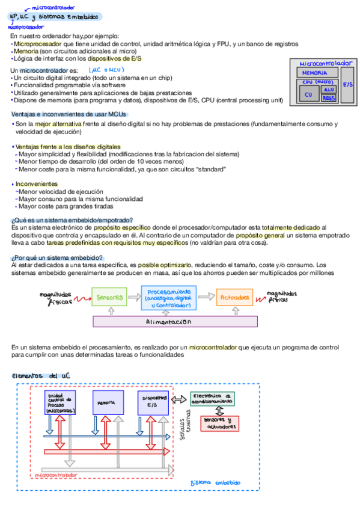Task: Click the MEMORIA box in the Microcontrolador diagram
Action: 314,73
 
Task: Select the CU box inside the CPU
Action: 309,94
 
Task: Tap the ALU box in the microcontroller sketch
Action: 329,89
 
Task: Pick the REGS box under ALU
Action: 329,97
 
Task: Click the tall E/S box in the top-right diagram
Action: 348,85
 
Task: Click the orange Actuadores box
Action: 235,296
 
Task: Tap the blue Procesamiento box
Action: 169,297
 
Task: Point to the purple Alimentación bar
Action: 175,322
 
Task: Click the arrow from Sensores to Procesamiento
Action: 134,296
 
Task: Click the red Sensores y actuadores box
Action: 217,423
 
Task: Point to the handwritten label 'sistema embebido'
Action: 215,482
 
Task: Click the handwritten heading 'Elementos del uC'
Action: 41,375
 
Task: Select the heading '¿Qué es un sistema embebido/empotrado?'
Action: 72,220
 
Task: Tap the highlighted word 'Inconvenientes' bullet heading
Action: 36,183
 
